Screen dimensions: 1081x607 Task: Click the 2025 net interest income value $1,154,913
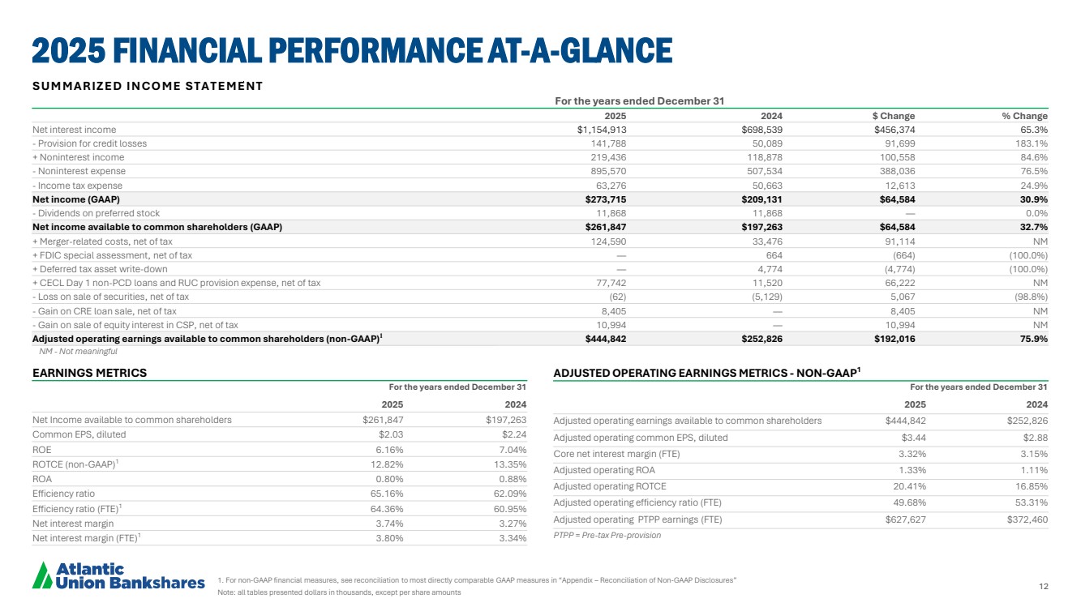point(602,130)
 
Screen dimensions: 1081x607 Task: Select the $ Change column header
point(894,116)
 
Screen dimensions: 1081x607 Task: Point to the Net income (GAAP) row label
point(75,199)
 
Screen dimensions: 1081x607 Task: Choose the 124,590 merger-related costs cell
point(608,241)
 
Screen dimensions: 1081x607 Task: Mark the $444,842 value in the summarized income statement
point(606,339)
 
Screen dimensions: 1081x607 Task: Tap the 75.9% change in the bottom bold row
point(1034,339)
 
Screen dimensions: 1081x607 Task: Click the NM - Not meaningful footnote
point(78,352)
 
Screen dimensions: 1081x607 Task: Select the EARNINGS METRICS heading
point(89,373)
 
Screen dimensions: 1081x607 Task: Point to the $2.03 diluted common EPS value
point(391,434)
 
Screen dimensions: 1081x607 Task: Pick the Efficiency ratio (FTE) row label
point(77,509)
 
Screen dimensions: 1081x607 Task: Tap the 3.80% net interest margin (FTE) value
point(389,538)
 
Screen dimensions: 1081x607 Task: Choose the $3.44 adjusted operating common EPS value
point(914,438)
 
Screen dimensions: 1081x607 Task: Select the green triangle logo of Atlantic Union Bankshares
point(42,575)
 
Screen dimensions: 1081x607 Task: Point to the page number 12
point(1044,586)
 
